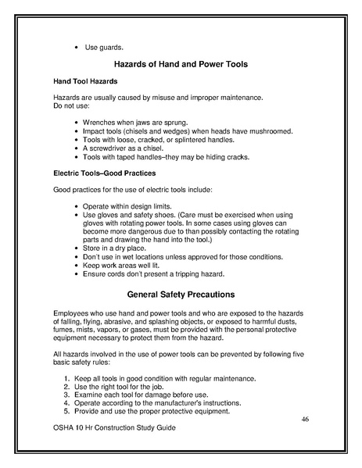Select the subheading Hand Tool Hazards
(x=84, y=82)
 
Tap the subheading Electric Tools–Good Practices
(x=104, y=173)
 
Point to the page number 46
(x=306, y=420)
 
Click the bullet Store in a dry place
(x=119, y=248)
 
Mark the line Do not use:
(x=70, y=105)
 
